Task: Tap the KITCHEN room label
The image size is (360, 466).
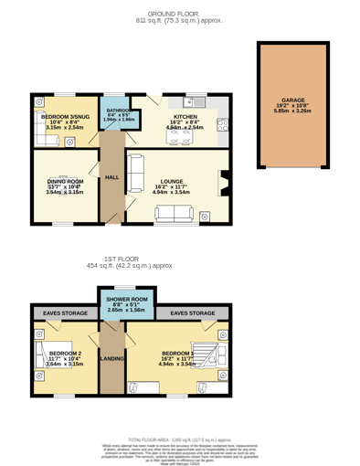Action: (x=185, y=117)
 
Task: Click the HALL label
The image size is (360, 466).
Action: (x=111, y=177)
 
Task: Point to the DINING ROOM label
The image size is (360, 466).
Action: (x=64, y=182)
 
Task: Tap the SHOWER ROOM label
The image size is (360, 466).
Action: (x=126, y=300)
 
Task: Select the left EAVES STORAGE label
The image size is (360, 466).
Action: (x=65, y=313)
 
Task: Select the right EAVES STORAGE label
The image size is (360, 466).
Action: (x=193, y=313)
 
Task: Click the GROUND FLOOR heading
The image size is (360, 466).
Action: (x=179, y=14)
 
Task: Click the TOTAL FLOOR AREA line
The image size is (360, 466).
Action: (x=179, y=440)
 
